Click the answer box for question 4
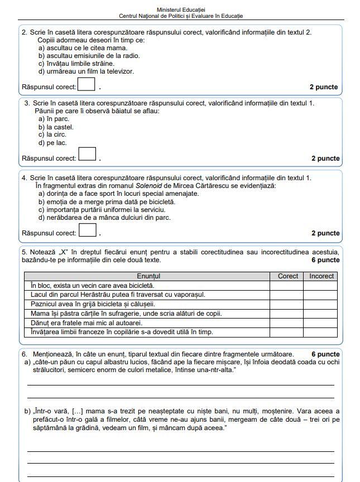[87, 229]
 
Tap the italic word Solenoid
[150, 186]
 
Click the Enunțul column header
[148, 276]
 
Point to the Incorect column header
[321, 276]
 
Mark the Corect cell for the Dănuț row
[287, 323]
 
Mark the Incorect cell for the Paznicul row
[321, 304]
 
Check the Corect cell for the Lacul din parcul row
[287, 295]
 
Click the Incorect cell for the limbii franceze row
[321, 332]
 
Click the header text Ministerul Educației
[181, 10]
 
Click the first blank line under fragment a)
[180, 384]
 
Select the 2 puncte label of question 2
[324, 88]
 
